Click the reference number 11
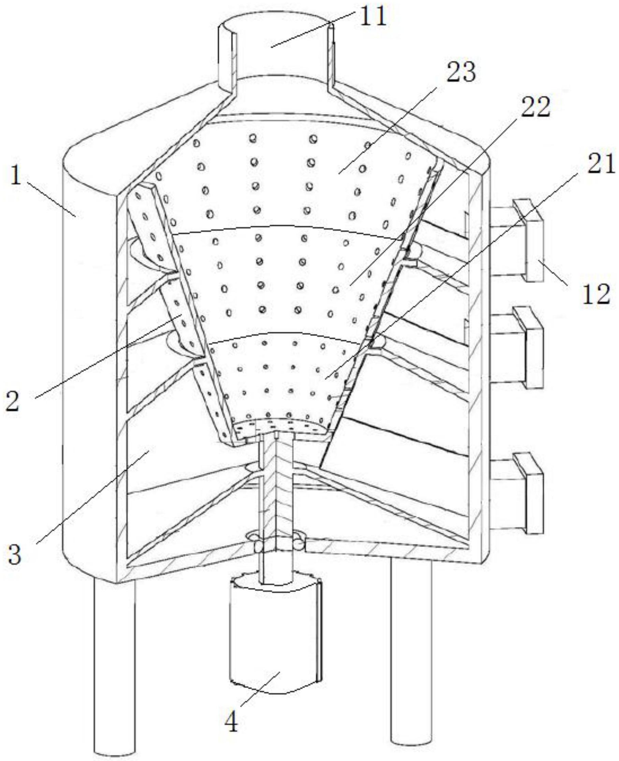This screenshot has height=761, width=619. (x=373, y=17)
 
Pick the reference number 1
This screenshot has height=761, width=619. (x=15, y=176)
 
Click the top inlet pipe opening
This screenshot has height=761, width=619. (x=275, y=34)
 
